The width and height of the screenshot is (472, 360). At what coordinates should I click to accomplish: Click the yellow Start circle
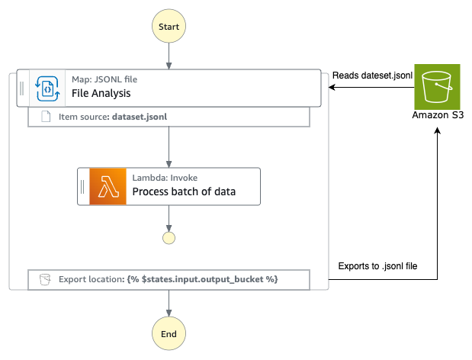[x=169, y=27]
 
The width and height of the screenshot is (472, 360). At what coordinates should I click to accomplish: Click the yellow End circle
[x=169, y=334]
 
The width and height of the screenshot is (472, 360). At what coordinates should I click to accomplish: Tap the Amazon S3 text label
[x=438, y=116]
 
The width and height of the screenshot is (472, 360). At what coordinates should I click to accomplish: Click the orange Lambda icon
[x=107, y=186]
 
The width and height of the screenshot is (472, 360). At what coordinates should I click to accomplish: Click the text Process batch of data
[x=184, y=192]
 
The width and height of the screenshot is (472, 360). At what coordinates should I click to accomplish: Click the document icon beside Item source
[x=45, y=117]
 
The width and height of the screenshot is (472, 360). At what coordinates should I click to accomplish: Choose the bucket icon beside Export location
[x=45, y=280]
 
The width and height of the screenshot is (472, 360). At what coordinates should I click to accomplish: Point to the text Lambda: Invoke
[x=165, y=177]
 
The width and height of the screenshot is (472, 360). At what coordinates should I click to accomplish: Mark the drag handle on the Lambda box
[x=82, y=186]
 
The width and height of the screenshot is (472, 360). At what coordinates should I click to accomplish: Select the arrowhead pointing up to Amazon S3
[x=438, y=132]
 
